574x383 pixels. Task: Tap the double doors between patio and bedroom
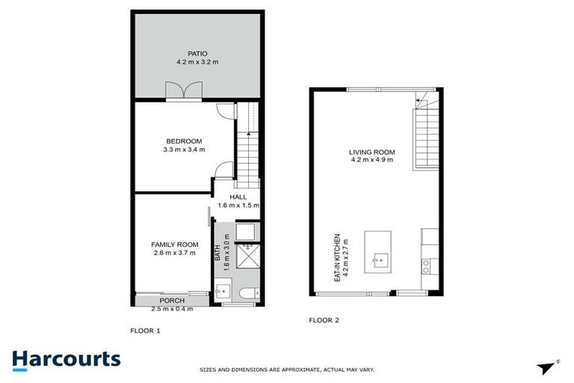click(184, 91)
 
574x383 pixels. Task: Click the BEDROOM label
click(184, 141)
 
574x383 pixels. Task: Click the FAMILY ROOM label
click(174, 245)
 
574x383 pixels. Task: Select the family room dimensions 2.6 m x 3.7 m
click(174, 253)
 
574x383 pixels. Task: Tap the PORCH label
click(172, 301)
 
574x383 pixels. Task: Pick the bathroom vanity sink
click(220, 292)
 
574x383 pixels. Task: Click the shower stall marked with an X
click(246, 257)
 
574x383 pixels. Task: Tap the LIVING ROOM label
click(371, 153)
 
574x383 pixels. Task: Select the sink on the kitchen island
click(380, 262)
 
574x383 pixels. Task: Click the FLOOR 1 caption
click(145, 330)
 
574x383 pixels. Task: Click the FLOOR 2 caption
click(324, 320)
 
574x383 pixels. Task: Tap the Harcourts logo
click(66, 358)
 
